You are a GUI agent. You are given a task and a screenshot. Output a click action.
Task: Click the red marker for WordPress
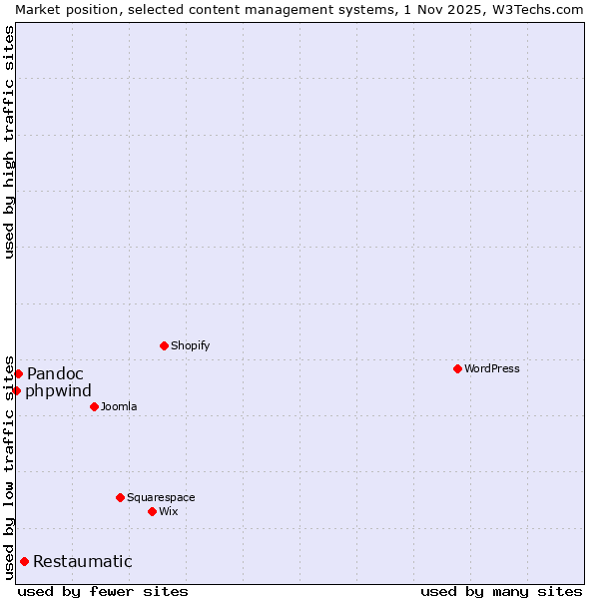click(x=457, y=368)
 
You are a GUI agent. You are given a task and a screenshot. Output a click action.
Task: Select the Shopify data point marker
click(x=164, y=345)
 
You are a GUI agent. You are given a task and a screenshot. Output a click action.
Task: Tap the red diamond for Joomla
click(x=94, y=406)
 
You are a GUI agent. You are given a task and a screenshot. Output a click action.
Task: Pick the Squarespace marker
click(x=120, y=497)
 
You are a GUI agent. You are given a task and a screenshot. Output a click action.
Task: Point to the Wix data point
click(x=152, y=511)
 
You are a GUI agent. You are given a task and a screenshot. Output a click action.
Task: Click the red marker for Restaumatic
click(x=24, y=561)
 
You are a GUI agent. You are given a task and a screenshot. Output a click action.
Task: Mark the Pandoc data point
click(x=18, y=373)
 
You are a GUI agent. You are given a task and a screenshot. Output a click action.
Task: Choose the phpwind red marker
click(x=16, y=390)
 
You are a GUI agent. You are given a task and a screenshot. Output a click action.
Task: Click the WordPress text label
click(x=492, y=368)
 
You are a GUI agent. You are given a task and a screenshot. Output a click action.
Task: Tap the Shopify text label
click(x=190, y=345)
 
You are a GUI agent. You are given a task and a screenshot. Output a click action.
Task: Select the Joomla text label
click(x=119, y=406)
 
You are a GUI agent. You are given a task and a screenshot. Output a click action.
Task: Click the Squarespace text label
click(x=161, y=497)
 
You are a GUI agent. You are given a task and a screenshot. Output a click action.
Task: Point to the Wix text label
click(x=168, y=511)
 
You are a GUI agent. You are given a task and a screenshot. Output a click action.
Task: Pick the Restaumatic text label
click(x=82, y=561)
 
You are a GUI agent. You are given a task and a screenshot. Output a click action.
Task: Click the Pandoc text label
click(x=55, y=373)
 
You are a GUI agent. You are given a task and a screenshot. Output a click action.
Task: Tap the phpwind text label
click(x=58, y=390)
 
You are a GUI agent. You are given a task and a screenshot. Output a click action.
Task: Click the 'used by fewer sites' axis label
click(x=103, y=591)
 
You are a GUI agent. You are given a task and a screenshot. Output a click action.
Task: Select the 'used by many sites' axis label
click(x=501, y=591)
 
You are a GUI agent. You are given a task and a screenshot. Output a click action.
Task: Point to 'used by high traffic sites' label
click(x=9, y=141)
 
